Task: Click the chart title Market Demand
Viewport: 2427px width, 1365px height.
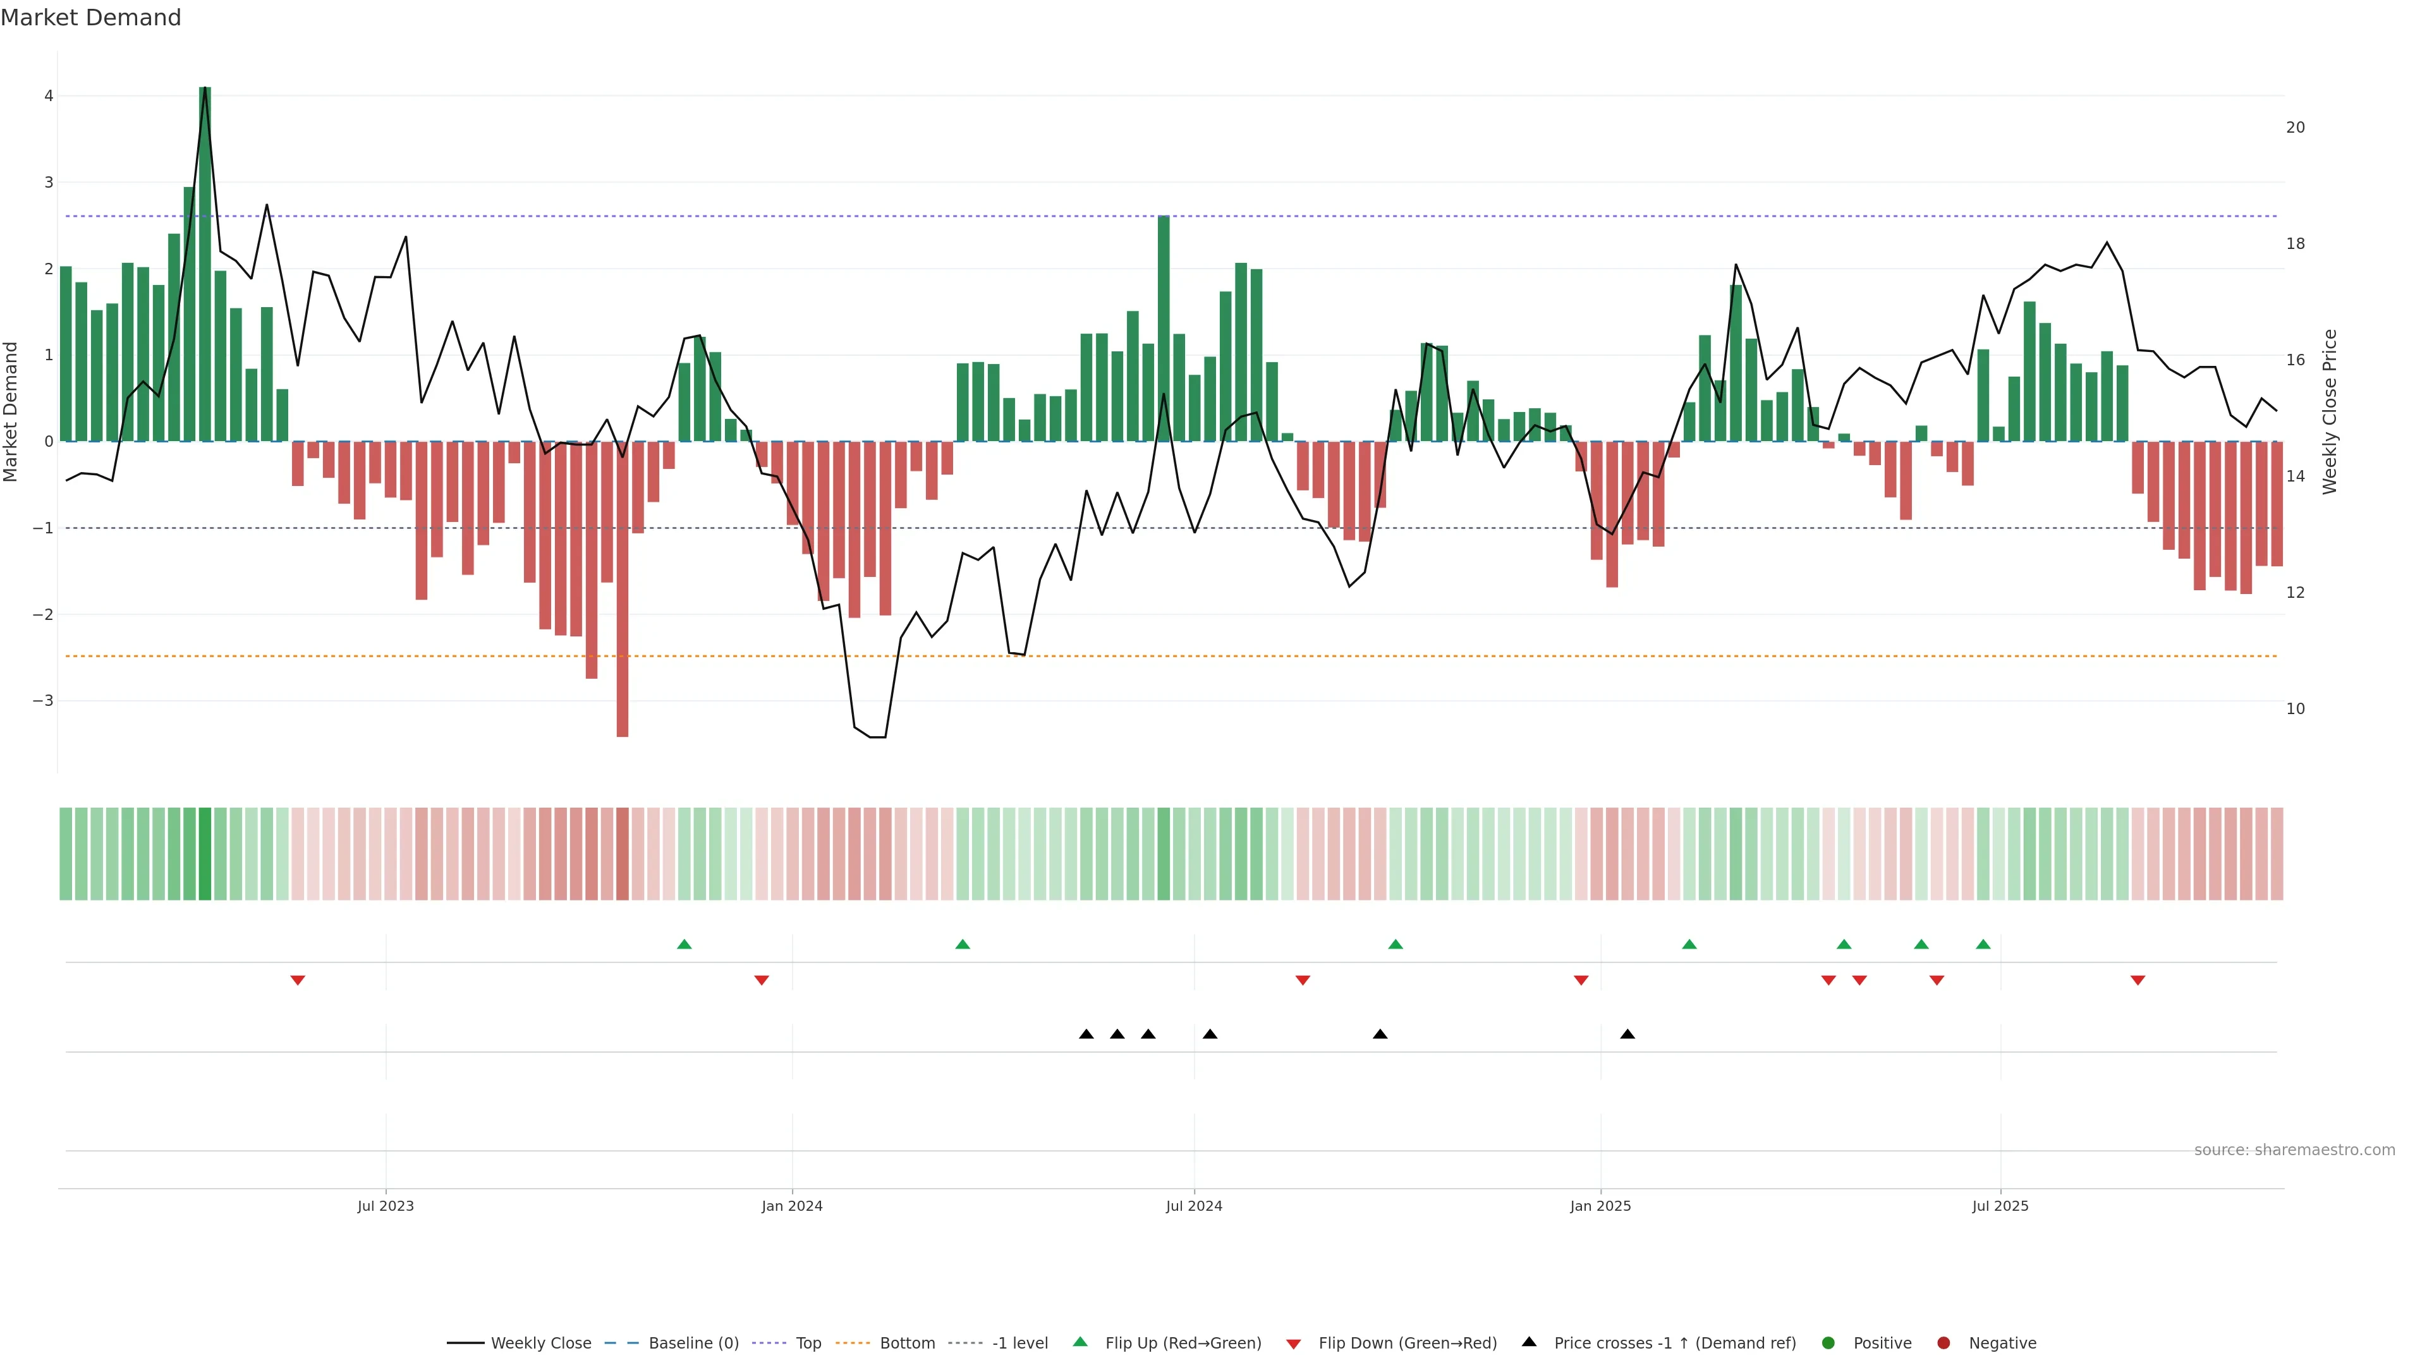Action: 90,18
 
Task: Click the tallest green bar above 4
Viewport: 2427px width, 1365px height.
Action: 205,264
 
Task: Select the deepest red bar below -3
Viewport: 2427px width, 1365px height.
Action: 622,589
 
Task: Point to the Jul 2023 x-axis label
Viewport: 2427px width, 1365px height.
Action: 386,1206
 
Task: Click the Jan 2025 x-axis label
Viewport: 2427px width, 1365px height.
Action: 1600,1206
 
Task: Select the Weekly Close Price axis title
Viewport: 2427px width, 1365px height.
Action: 2330,411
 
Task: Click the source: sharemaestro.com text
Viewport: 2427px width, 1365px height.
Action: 2294,1150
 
